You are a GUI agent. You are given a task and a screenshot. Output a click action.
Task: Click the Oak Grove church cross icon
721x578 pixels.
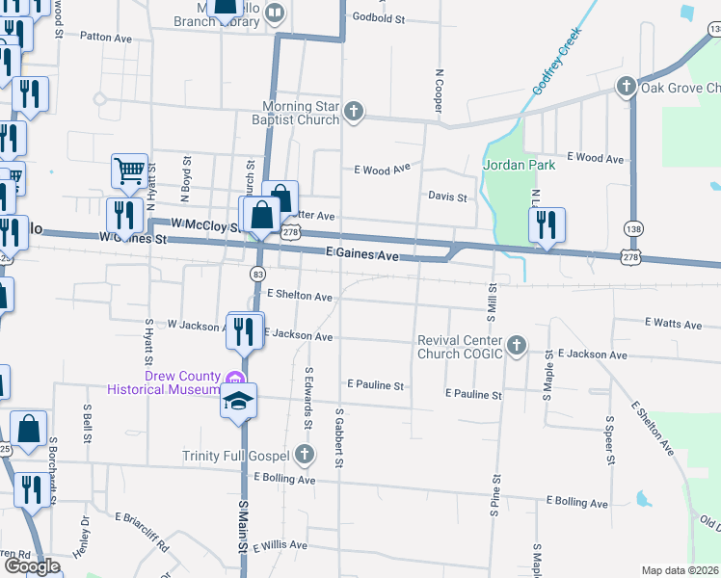pos(626,88)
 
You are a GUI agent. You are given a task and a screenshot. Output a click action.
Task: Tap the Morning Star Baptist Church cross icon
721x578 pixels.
pos(354,112)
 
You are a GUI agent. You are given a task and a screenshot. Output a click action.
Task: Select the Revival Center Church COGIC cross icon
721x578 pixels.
pos(517,345)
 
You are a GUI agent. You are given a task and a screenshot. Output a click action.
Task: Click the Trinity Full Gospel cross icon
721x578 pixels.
pos(305,454)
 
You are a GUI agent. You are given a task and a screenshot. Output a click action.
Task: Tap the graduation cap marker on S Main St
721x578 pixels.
pos(238,401)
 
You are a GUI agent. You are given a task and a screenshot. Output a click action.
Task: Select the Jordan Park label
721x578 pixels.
pos(520,165)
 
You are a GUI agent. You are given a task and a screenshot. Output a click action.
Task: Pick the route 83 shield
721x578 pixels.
pos(259,274)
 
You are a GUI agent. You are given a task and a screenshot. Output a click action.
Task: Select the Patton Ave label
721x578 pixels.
pos(106,36)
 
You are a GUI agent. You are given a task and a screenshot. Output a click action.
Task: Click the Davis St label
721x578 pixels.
pos(447,197)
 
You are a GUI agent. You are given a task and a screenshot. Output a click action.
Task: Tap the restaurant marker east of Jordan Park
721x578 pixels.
pos(547,225)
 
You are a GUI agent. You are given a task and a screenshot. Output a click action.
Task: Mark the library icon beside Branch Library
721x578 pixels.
pos(275,13)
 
